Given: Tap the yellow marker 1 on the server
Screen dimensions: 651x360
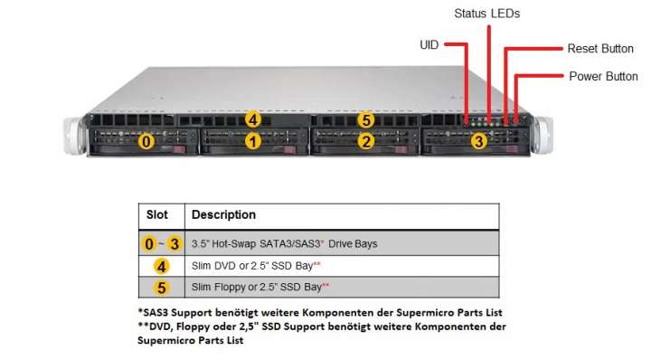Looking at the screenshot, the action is [254, 141].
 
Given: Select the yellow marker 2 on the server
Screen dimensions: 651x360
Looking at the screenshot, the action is [365, 141].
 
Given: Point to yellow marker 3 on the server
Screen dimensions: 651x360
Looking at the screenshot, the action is [478, 141].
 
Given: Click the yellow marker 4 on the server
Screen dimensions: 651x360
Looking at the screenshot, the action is [253, 119].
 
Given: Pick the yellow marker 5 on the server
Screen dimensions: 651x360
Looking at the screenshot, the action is [365, 119].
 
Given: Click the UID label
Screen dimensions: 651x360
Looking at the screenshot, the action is [430, 43].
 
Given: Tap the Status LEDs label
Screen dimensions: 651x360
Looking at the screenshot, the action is [486, 14].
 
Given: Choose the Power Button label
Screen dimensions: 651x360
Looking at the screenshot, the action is [603, 76].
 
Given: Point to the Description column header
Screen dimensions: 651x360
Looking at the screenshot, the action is [224, 215].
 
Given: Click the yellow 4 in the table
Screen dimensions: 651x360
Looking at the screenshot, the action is [161, 266].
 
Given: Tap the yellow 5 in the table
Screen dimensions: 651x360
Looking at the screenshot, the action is [161, 288].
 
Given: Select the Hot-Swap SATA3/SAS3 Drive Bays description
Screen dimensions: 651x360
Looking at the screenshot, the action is [284, 243].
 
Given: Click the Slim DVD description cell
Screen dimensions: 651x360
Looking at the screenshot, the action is [257, 266].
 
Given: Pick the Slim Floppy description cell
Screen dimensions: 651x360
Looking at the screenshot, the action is [260, 288].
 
